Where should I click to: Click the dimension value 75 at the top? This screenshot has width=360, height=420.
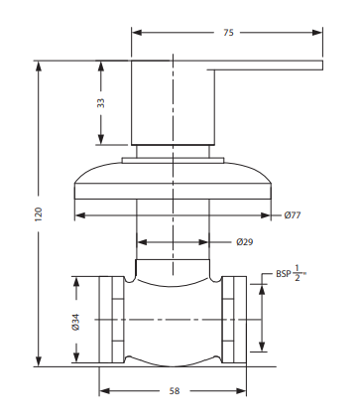(228, 33)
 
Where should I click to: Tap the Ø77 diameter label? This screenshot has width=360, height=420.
(293, 214)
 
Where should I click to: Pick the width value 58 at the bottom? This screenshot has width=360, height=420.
(174, 391)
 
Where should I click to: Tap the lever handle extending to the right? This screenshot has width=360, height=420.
(268, 66)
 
